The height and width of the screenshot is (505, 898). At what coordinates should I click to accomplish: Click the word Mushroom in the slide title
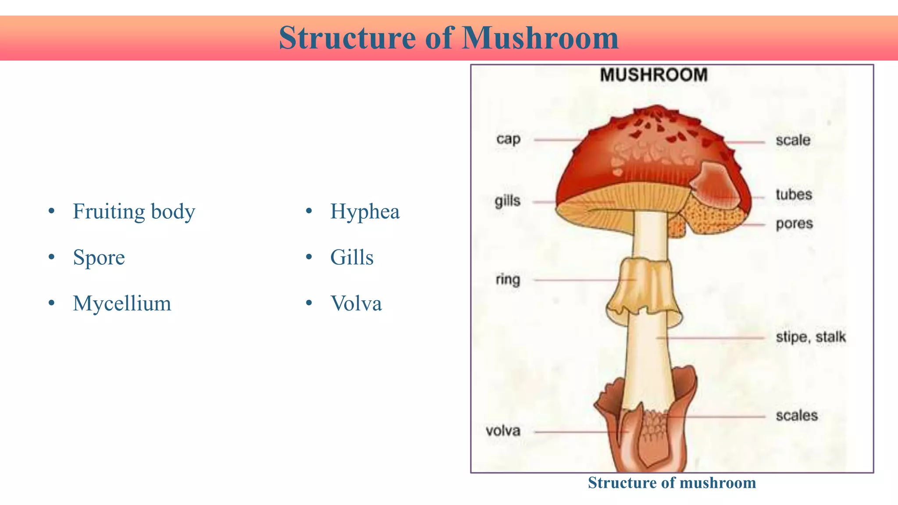[x=540, y=38]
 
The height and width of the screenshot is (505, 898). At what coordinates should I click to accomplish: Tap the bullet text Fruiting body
[x=134, y=212]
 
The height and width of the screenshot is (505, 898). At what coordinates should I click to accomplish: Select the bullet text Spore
[x=99, y=257]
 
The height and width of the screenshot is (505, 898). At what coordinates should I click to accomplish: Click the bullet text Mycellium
[x=122, y=303]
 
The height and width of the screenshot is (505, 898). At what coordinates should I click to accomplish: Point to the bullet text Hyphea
[x=365, y=212]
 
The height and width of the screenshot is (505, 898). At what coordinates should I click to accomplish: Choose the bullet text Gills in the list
[x=352, y=257]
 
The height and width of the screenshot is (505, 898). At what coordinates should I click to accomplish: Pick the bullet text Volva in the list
[x=356, y=303]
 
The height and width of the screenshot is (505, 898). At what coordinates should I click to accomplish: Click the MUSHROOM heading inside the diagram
[x=654, y=75]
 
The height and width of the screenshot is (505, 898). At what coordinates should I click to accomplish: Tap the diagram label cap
[x=508, y=139]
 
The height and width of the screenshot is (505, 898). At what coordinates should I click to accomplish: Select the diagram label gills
[x=507, y=201]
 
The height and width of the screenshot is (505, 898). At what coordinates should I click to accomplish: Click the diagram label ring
[x=508, y=279]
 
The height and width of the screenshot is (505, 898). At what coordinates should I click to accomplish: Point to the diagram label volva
[x=503, y=431]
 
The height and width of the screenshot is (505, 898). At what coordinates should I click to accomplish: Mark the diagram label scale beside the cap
[x=793, y=140]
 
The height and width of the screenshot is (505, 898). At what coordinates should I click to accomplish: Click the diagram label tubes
[x=794, y=195]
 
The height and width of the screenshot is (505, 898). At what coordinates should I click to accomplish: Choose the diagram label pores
[x=794, y=224]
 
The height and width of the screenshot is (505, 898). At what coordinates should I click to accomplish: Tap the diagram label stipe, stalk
[x=811, y=337]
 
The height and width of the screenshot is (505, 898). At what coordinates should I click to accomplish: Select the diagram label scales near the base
[x=797, y=416]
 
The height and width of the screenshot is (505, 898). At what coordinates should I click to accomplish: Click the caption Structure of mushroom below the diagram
[x=672, y=483]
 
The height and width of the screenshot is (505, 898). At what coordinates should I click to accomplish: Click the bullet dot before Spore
[x=52, y=257]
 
